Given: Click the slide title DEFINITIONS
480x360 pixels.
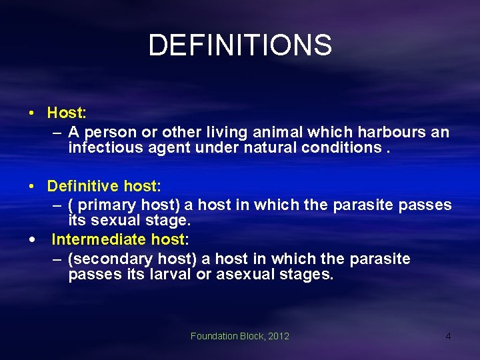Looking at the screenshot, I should pyautogui.click(x=239, y=45).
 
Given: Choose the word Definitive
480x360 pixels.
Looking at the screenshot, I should pyautogui.click(x=83, y=185).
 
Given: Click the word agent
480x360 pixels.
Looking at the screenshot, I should pyautogui.click(x=168, y=147).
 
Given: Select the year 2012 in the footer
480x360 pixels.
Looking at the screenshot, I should pyautogui.click(x=278, y=336).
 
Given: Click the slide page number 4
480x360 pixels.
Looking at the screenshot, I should pyautogui.click(x=448, y=336).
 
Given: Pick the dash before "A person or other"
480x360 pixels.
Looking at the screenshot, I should pyautogui.click(x=57, y=133).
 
